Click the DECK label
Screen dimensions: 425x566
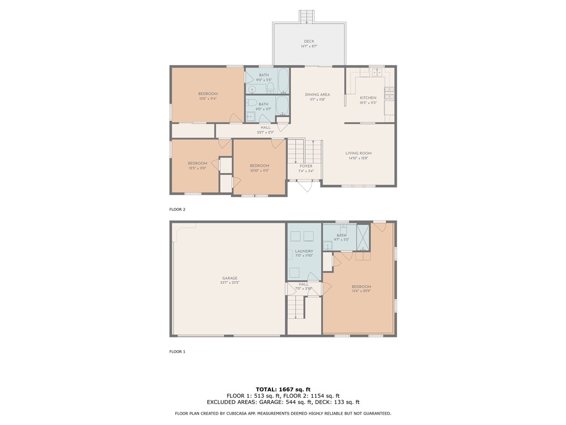pyautogui.click(x=309, y=42)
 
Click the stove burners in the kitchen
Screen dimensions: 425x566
pyautogui.click(x=390, y=91)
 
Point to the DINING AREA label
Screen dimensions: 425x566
pyautogui.click(x=317, y=95)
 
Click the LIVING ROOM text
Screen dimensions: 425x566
pyautogui.click(x=358, y=153)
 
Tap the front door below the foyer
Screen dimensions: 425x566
pyautogui.click(x=304, y=186)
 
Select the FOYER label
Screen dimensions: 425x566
pyautogui.click(x=306, y=166)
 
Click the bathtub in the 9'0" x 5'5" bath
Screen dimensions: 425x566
pyautogui.click(x=282, y=81)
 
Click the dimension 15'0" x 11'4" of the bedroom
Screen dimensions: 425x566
pyautogui.click(x=208, y=99)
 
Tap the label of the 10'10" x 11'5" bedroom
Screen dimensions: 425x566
pyautogui.click(x=259, y=166)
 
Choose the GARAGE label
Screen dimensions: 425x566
pyautogui.click(x=230, y=278)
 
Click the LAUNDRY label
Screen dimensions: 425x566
pyautogui.click(x=304, y=251)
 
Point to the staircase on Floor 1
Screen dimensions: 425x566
pyautogui.click(x=297, y=307)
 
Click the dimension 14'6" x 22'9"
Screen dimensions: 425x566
pyautogui.click(x=361, y=291)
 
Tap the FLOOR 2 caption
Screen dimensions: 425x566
pyautogui.click(x=177, y=210)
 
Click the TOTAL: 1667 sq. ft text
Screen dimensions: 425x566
pyautogui.click(x=283, y=389)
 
